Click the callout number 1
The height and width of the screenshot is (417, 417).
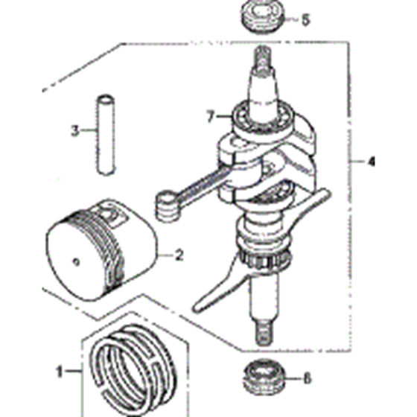coord(60,371)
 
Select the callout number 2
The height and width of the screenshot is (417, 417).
coord(179,255)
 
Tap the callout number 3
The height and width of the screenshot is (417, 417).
coord(75,130)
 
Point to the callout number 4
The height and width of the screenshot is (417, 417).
coord(372,161)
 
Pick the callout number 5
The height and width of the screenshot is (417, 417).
coord(306,19)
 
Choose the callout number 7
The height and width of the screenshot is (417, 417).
coord(210,116)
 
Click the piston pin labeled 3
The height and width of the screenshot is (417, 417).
coord(106,135)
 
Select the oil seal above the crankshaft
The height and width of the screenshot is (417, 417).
coord(264,16)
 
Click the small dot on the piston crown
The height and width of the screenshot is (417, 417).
coord(76,262)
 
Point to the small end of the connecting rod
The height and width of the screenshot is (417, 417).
coord(167,206)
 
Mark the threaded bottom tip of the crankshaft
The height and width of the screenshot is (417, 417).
coord(264,332)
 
